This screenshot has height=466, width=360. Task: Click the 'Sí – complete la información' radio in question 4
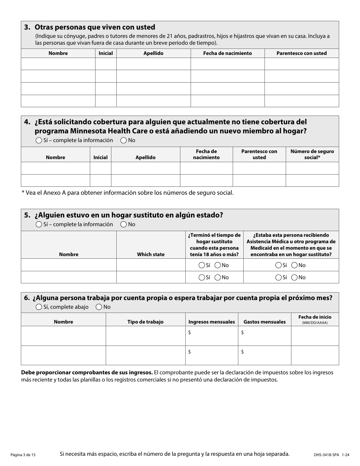39,140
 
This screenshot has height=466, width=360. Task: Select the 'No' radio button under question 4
124,140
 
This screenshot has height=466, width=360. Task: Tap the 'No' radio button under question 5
124,224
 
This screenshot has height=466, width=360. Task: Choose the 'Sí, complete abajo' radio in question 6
39,307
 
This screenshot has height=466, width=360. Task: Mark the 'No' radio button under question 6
99,307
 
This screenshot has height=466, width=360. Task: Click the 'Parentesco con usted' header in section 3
301,53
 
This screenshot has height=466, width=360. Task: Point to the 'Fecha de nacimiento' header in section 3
227,53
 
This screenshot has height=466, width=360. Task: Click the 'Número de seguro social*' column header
312,154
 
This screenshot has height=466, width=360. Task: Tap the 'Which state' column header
151,255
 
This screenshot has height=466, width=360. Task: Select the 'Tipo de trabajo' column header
146,322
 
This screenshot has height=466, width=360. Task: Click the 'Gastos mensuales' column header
265,322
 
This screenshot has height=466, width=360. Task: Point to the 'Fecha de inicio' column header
315,317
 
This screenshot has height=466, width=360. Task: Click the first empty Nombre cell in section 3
58,64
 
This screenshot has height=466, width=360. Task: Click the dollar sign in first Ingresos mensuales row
189,332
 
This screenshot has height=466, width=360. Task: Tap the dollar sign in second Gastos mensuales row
243,352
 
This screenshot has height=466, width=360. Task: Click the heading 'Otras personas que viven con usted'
95,27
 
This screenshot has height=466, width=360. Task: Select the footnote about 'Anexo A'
128,192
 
